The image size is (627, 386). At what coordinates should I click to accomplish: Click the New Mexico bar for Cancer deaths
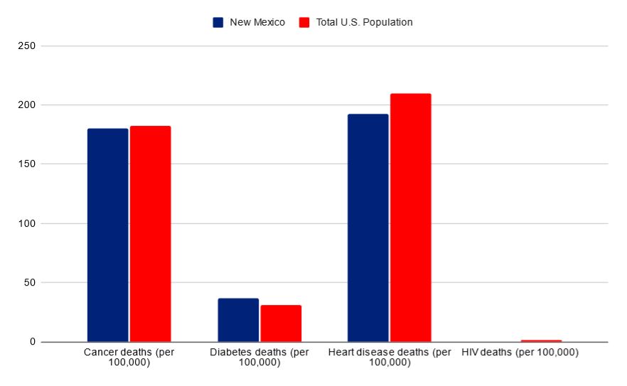pyautogui.click(x=107, y=235)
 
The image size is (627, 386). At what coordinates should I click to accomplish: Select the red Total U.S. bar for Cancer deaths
pyautogui.click(x=150, y=234)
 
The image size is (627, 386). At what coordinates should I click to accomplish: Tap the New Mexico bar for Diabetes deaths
pyautogui.click(x=238, y=320)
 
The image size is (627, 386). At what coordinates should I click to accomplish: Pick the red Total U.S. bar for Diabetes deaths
pyautogui.click(x=281, y=323)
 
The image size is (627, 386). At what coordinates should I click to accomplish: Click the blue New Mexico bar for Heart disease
pyautogui.click(x=368, y=227)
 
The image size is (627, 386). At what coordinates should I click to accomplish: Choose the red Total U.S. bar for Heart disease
pyautogui.click(x=410, y=218)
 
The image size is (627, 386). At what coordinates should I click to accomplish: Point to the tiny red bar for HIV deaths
pyautogui.click(x=541, y=341)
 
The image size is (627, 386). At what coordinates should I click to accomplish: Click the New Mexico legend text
pyautogui.click(x=257, y=22)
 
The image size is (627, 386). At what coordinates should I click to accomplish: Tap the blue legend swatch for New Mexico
pyautogui.click(x=218, y=22)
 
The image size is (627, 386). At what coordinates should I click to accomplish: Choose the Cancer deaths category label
pyautogui.click(x=129, y=357)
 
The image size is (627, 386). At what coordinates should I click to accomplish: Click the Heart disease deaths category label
pyautogui.click(x=390, y=357)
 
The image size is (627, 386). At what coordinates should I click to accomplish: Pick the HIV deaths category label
pyautogui.click(x=520, y=353)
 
